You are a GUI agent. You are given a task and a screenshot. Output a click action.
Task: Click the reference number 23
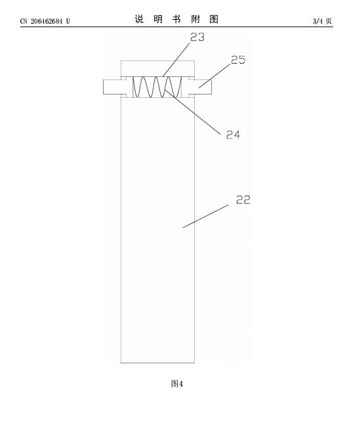tap(197, 37)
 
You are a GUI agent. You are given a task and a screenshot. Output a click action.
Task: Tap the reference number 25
tap(238, 60)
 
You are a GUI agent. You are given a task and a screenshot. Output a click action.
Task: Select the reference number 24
tap(233, 135)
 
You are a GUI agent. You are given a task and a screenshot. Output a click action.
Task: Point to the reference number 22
tap(243, 200)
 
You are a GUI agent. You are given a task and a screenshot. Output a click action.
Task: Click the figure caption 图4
tap(176, 383)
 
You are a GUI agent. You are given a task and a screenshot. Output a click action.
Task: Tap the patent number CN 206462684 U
tap(45, 21)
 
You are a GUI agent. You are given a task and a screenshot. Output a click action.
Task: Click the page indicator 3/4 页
tap(322, 21)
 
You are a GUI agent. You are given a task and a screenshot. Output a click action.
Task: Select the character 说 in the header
tap(139, 20)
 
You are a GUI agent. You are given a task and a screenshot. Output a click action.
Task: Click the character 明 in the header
tap(158, 20)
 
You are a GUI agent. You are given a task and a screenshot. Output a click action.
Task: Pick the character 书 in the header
tap(176, 20)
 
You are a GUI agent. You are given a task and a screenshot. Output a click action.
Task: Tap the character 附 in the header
tap(195, 20)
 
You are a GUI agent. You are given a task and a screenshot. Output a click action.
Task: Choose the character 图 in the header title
tap(214, 20)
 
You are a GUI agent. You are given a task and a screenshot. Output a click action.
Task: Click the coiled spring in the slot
tap(157, 87)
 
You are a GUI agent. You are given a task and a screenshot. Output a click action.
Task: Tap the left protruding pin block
tap(112, 87)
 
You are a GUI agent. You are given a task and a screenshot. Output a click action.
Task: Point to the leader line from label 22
tap(206, 216)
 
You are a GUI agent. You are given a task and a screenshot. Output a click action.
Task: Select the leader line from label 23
tap(176, 59)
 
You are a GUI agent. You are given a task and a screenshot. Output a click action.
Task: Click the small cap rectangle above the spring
tap(157, 69)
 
